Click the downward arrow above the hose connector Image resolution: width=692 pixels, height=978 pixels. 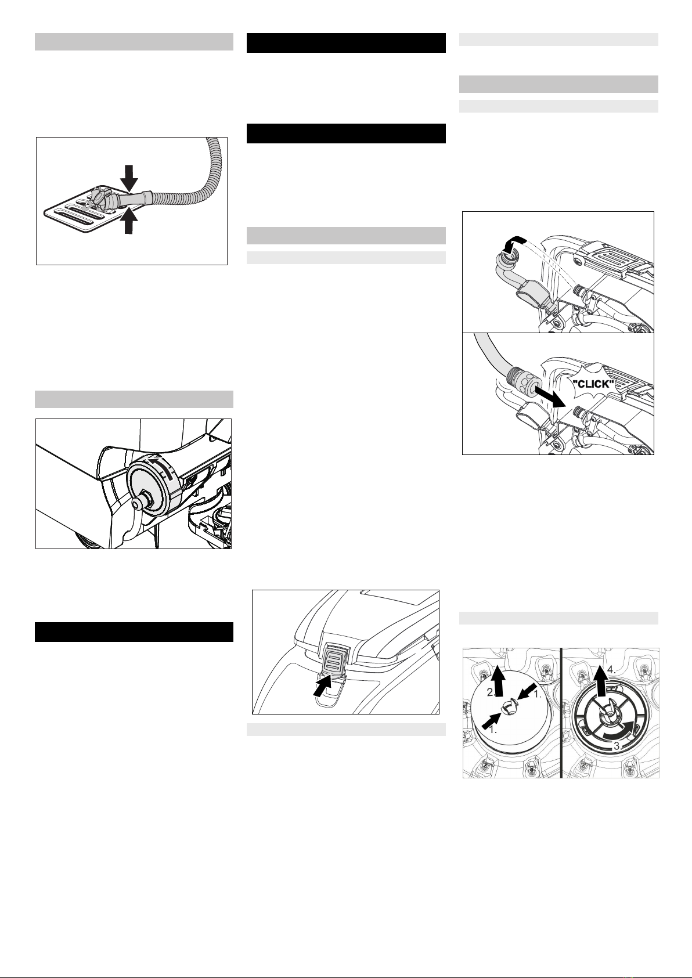point(129,178)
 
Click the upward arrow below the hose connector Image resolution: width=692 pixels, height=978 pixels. point(129,221)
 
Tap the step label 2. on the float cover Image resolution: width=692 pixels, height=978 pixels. point(491,692)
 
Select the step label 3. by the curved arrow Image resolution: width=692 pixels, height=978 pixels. point(617,746)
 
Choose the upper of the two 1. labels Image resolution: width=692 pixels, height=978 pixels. point(537,695)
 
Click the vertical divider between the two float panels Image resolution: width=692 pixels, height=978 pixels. point(561,713)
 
